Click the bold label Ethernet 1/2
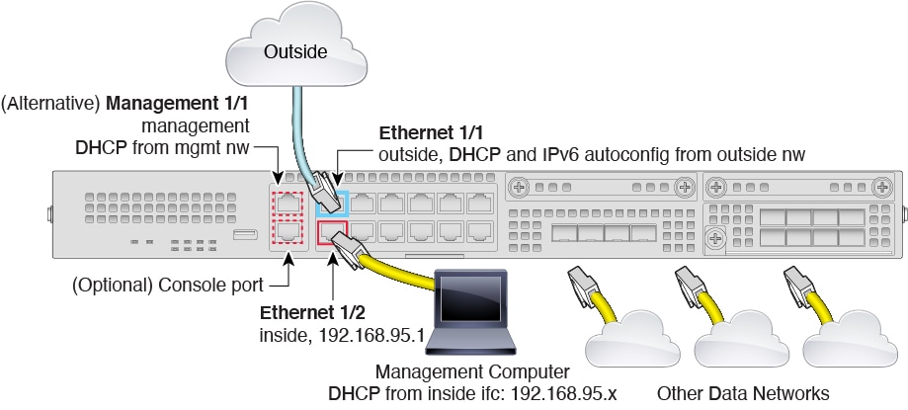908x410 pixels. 309,313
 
